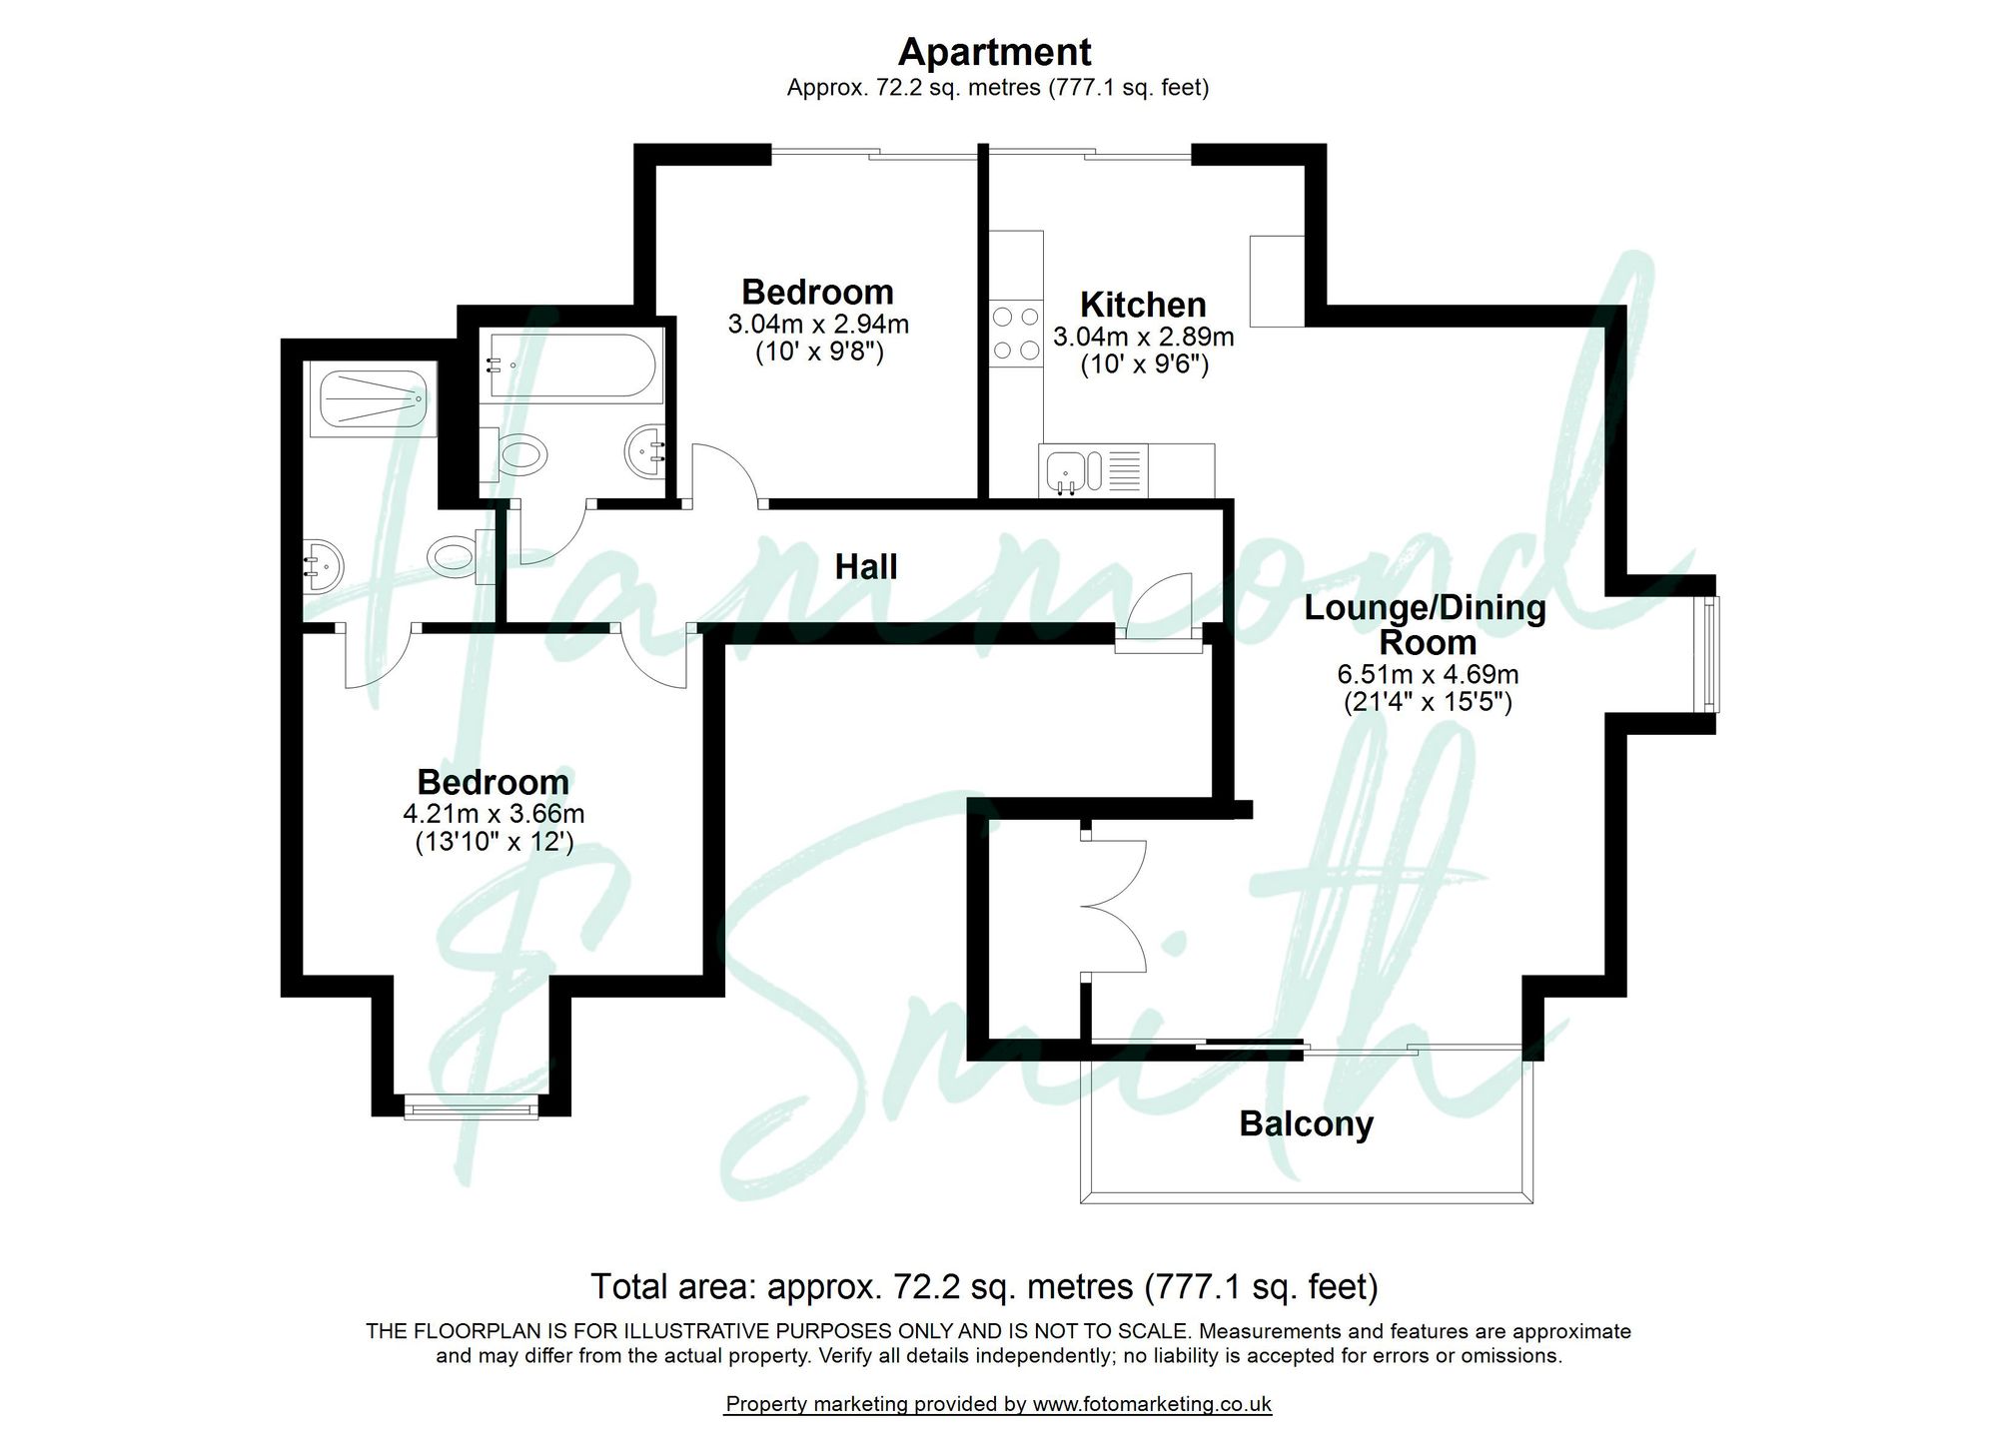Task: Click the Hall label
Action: point(865,567)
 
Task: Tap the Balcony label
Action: point(1306,1123)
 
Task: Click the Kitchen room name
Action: point(1143,304)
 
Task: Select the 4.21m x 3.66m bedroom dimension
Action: point(494,814)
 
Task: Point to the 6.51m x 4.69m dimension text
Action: point(1427,674)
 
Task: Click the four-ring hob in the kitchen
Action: point(1015,334)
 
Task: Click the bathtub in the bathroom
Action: point(569,365)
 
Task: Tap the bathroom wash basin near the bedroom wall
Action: point(645,454)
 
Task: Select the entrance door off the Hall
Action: point(1159,611)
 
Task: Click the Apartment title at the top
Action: point(994,52)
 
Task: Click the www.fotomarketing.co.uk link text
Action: point(1151,1404)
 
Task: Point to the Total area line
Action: point(984,1286)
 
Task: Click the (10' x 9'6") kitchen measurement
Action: point(1144,364)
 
